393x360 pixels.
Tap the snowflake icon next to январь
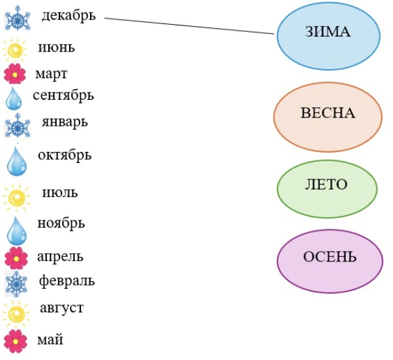click(x=17, y=126)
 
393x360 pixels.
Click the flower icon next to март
click(x=14, y=74)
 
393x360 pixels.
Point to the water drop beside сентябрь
click(x=14, y=98)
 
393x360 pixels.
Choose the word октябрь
click(x=65, y=156)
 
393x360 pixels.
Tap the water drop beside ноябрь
click(x=16, y=230)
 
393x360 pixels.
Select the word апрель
click(x=61, y=256)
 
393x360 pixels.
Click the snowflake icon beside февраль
click(x=16, y=283)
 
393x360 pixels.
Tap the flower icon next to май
click(x=15, y=341)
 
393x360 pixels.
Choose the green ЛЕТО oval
click(x=326, y=185)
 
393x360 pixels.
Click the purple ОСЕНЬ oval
click(x=329, y=257)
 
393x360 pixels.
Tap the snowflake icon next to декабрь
click(x=18, y=19)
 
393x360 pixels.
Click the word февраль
click(x=66, y=281)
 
